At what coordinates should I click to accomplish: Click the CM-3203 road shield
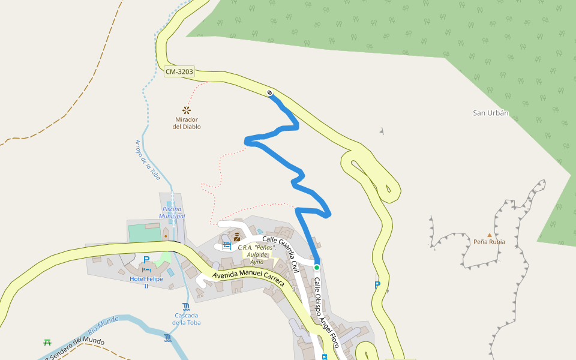(x=179, y=72)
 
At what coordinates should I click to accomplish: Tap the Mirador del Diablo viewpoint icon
(x=186, y=110)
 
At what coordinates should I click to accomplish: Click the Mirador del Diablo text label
(x=187, y=123)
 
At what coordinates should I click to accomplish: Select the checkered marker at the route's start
(x=270, y=92)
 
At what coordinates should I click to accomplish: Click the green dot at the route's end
(x=317, y=267)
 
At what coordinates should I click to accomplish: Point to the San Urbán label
(x=490, y=113)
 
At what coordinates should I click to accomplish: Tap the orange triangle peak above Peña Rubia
(x=489, y=235)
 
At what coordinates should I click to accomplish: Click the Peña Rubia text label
(x=489, y=242)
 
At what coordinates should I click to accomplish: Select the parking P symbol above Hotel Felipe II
(x=146, y=260)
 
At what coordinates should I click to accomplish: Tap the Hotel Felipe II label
(x=146, y=283)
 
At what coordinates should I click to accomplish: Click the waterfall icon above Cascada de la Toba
(x=186, y=307)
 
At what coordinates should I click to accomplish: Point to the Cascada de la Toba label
(x=187, y=319)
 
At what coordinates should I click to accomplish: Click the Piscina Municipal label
(x=172, y=212)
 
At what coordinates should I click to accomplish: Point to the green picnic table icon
(x=47, y=342)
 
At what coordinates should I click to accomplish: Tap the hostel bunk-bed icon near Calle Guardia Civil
(x=227, y=245)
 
